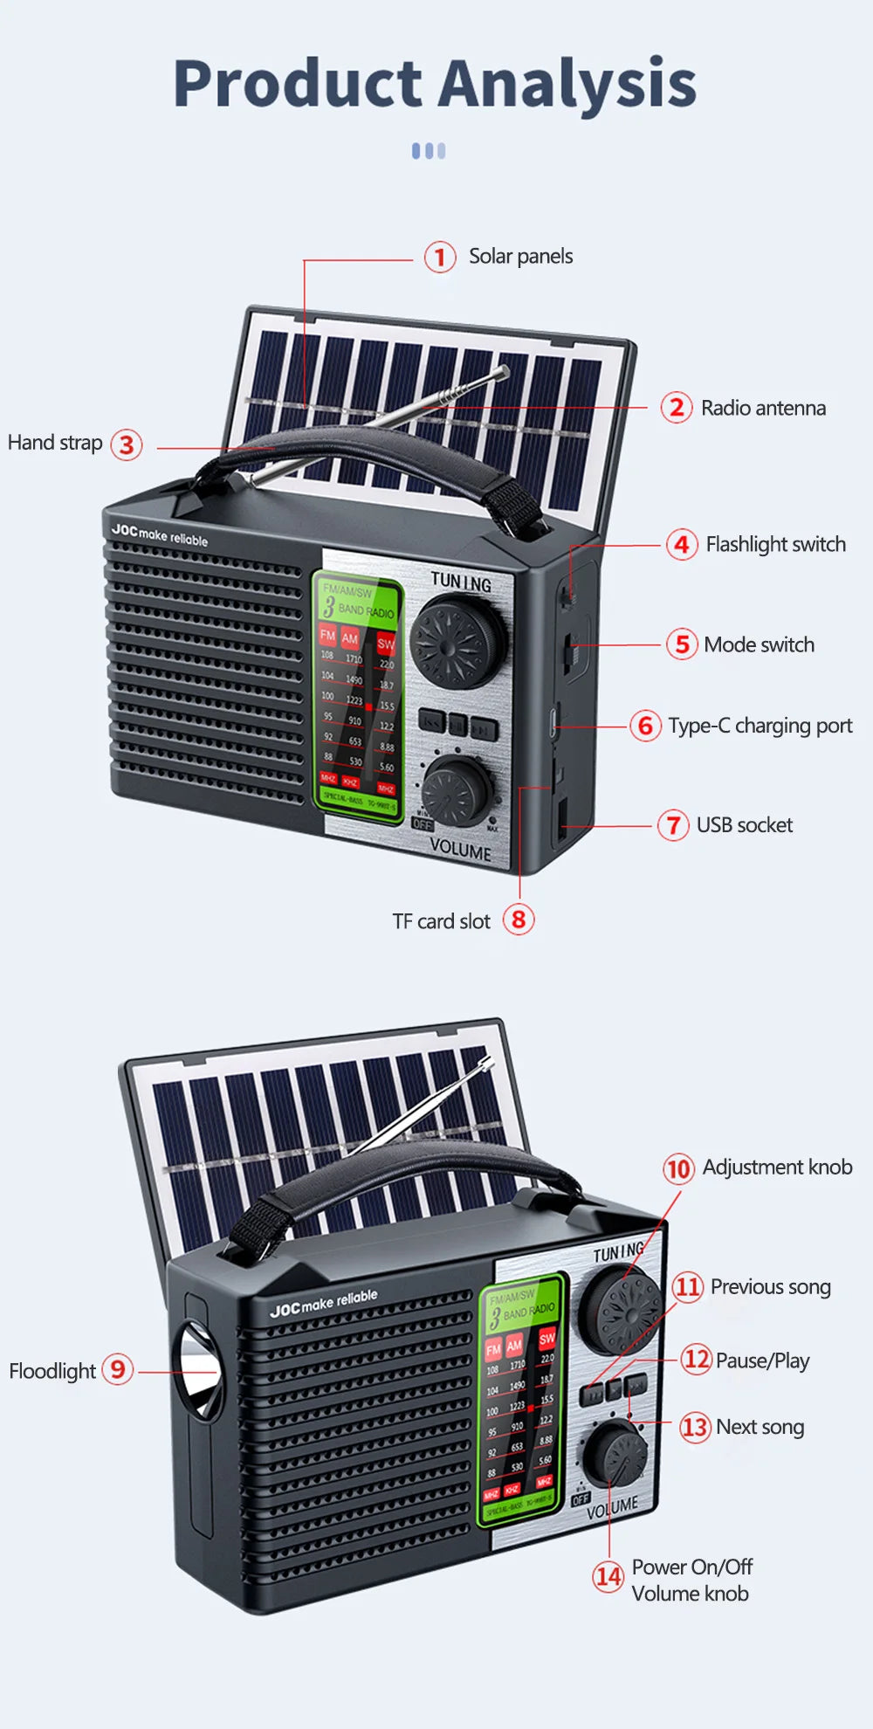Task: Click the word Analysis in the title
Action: click(567, 85)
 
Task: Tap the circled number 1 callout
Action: click(440, 258)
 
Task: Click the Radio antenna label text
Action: click(763, 408)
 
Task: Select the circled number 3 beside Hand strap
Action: click(127, 444)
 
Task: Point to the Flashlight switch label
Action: click(775, 544)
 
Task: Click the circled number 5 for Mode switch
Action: click(682, 644)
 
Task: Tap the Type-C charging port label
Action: click(760, 726)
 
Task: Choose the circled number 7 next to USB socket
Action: click(673, 825)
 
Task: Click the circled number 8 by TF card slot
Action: click(519, 919)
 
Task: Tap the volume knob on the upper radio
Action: click(456, 790)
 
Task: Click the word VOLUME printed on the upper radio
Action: click(460, 850)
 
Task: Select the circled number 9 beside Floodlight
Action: click(118, 1368)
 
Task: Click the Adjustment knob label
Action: click(777, 1168)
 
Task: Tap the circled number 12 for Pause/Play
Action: click(696, 1360)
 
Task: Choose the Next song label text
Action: click(760, 1427)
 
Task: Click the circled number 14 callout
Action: click(608, 1576)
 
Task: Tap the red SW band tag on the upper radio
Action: click(385, 644)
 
